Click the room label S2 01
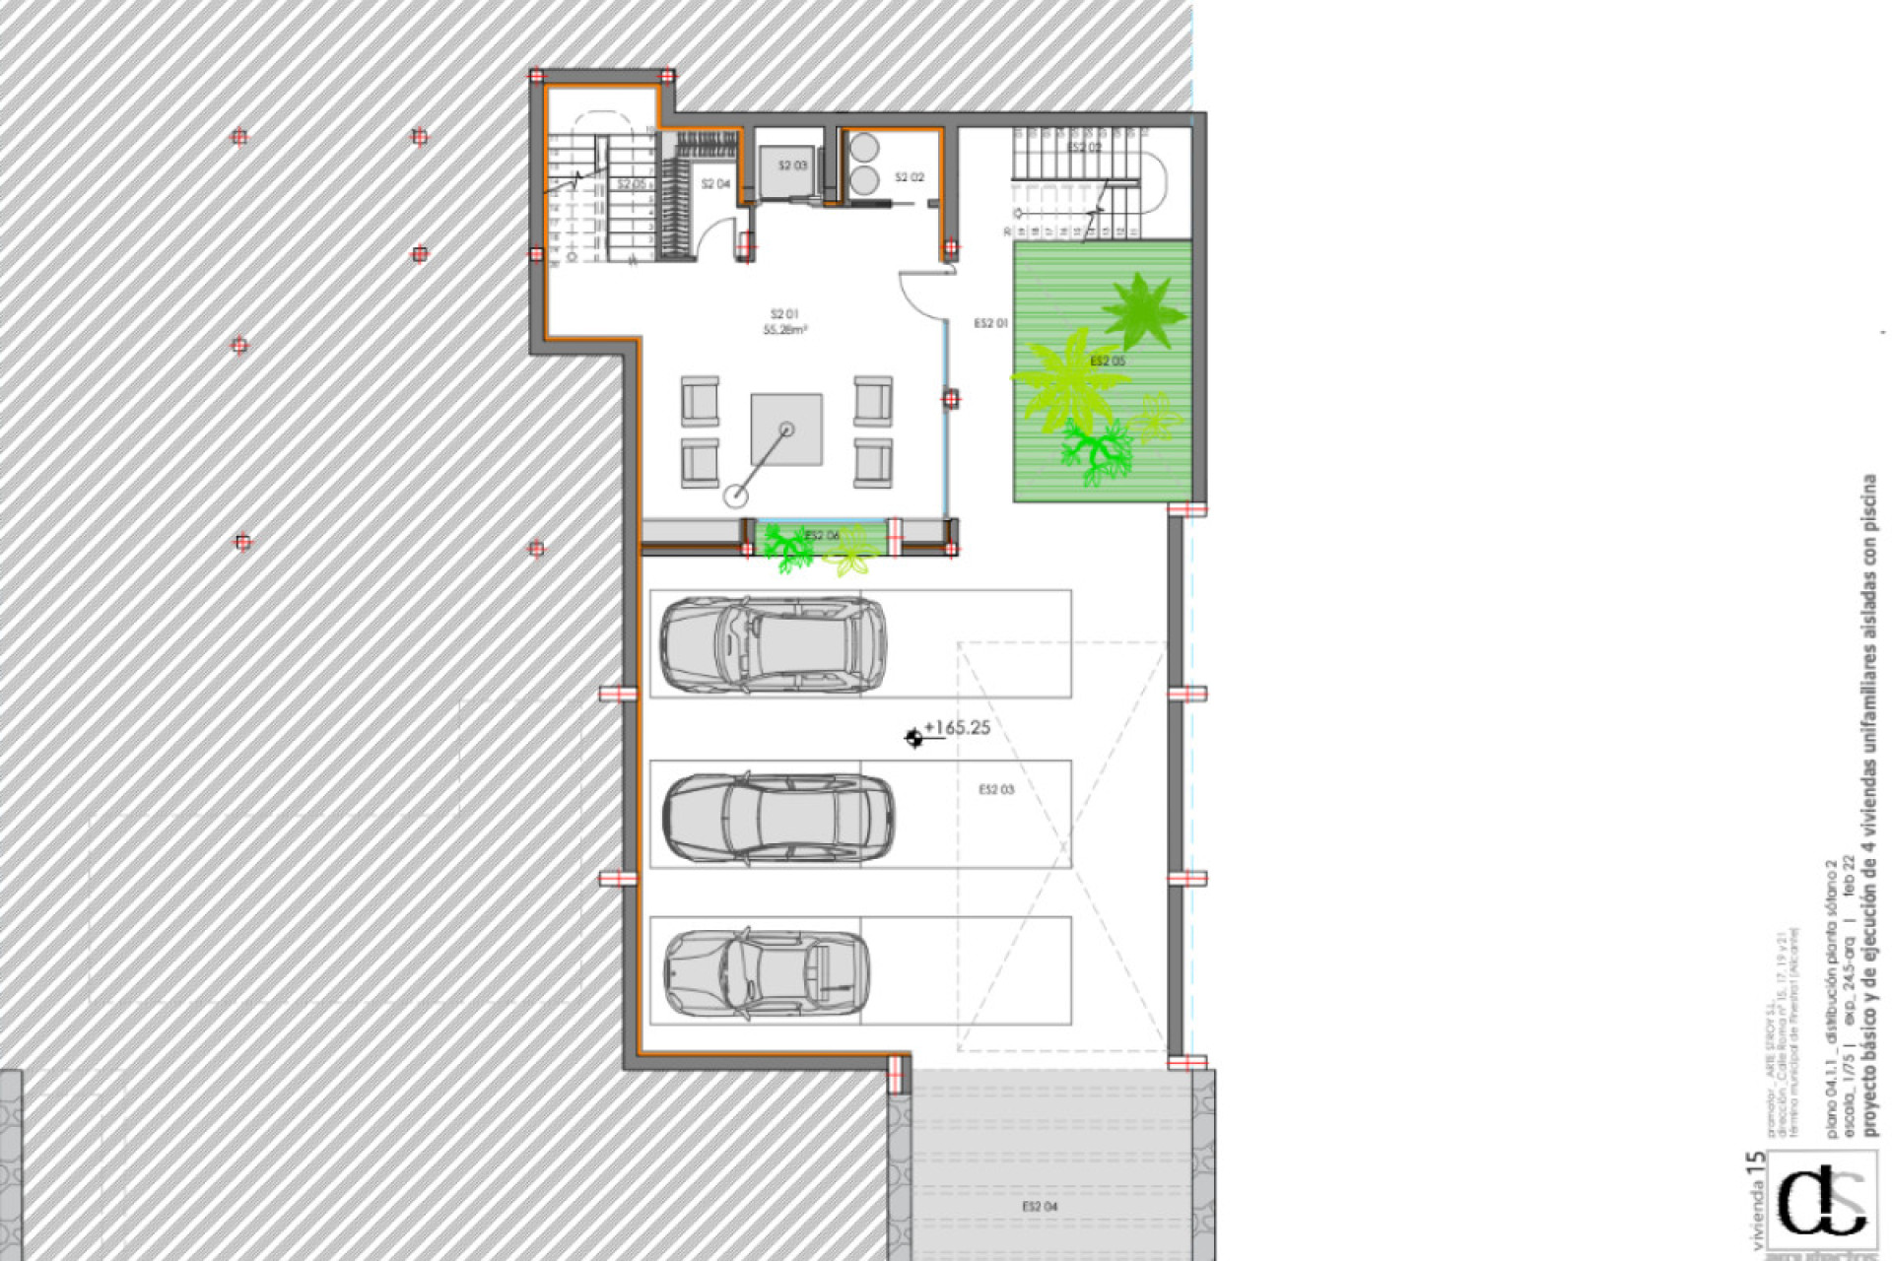[784, 315]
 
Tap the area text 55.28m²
[784, 331]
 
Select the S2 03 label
[792, 166]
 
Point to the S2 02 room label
[909, 177]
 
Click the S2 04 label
[715, 184]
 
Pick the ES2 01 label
[990, 323]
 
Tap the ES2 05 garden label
[1108, 362]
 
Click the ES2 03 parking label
[996, 789]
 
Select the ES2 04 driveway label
[1040, 1206]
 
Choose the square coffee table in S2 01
[786, 430]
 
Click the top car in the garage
[772, 644]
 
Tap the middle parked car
[777, 815]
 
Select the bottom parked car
[766, 972]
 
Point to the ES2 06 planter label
[821, 536]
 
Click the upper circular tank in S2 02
[864, 147]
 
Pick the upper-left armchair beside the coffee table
[699, 400]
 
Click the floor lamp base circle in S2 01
[735, 496]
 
